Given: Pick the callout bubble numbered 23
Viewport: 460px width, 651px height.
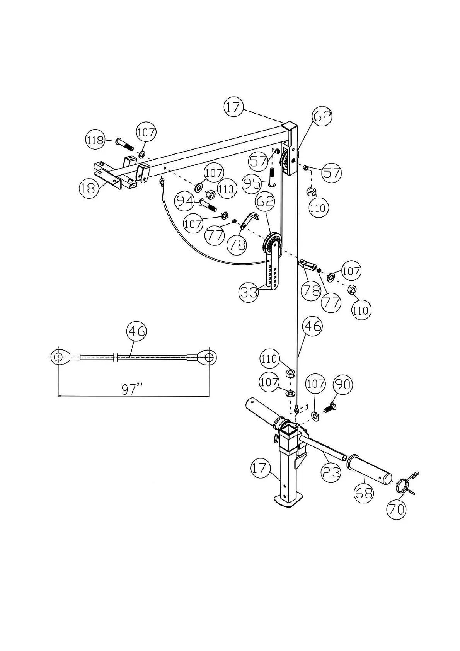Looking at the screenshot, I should pos(331,472).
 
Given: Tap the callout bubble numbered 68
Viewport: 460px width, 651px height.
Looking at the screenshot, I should pos(364,493).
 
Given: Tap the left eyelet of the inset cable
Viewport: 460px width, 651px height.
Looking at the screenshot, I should pos(58,357).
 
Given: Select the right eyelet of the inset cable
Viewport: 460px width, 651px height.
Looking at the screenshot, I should pos(209,357).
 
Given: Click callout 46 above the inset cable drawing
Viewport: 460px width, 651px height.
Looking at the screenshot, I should pos(137,331).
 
